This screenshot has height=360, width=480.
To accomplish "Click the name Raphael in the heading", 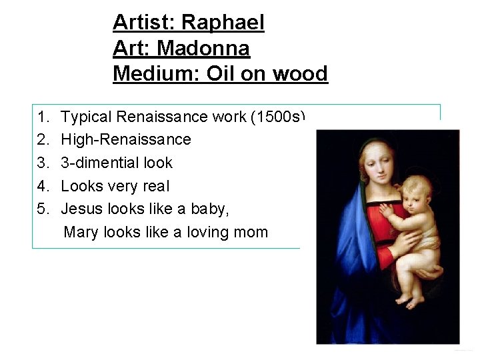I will (x=223, y=23).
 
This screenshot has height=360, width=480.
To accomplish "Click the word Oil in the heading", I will (x=221, y=73).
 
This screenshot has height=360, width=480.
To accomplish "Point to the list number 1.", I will (x=43, y=117).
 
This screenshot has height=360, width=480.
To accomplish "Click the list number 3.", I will (x=43, y=163).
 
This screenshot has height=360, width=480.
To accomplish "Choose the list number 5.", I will (x=43, y=209).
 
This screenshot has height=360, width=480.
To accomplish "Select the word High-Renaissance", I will (x=125, y=139).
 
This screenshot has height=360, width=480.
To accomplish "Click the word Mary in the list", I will (x=80, y=232).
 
